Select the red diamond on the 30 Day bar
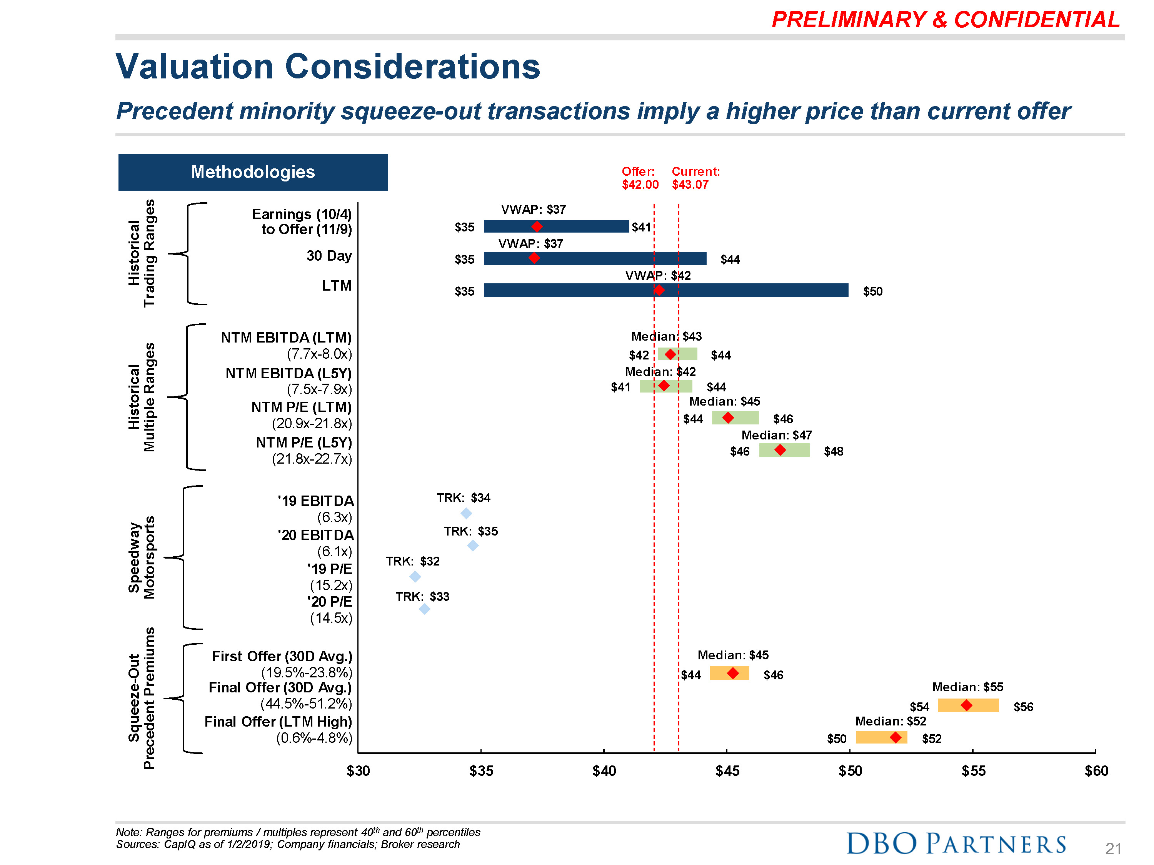(x=534, y=258)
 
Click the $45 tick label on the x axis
(x=727, y=771)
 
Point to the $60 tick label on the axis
(x=1096, y=771)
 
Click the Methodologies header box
(x=253, y=172)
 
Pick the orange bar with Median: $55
(x=968, y=705)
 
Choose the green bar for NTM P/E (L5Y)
(x=784, y=450)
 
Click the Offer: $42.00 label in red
(x=640, y=178)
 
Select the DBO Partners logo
(x=956, y=843)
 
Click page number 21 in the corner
(x=1113, y=848)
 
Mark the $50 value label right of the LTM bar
(x=872, y=291)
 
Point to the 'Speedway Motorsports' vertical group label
(x=142, y=557)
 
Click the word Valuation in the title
(x=194, y=67)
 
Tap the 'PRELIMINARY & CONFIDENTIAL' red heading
(x=946, y=20)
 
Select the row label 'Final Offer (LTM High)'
(x=278, y=722)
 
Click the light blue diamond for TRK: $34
(x=466, y=513)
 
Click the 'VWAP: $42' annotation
(x=657, y=275)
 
